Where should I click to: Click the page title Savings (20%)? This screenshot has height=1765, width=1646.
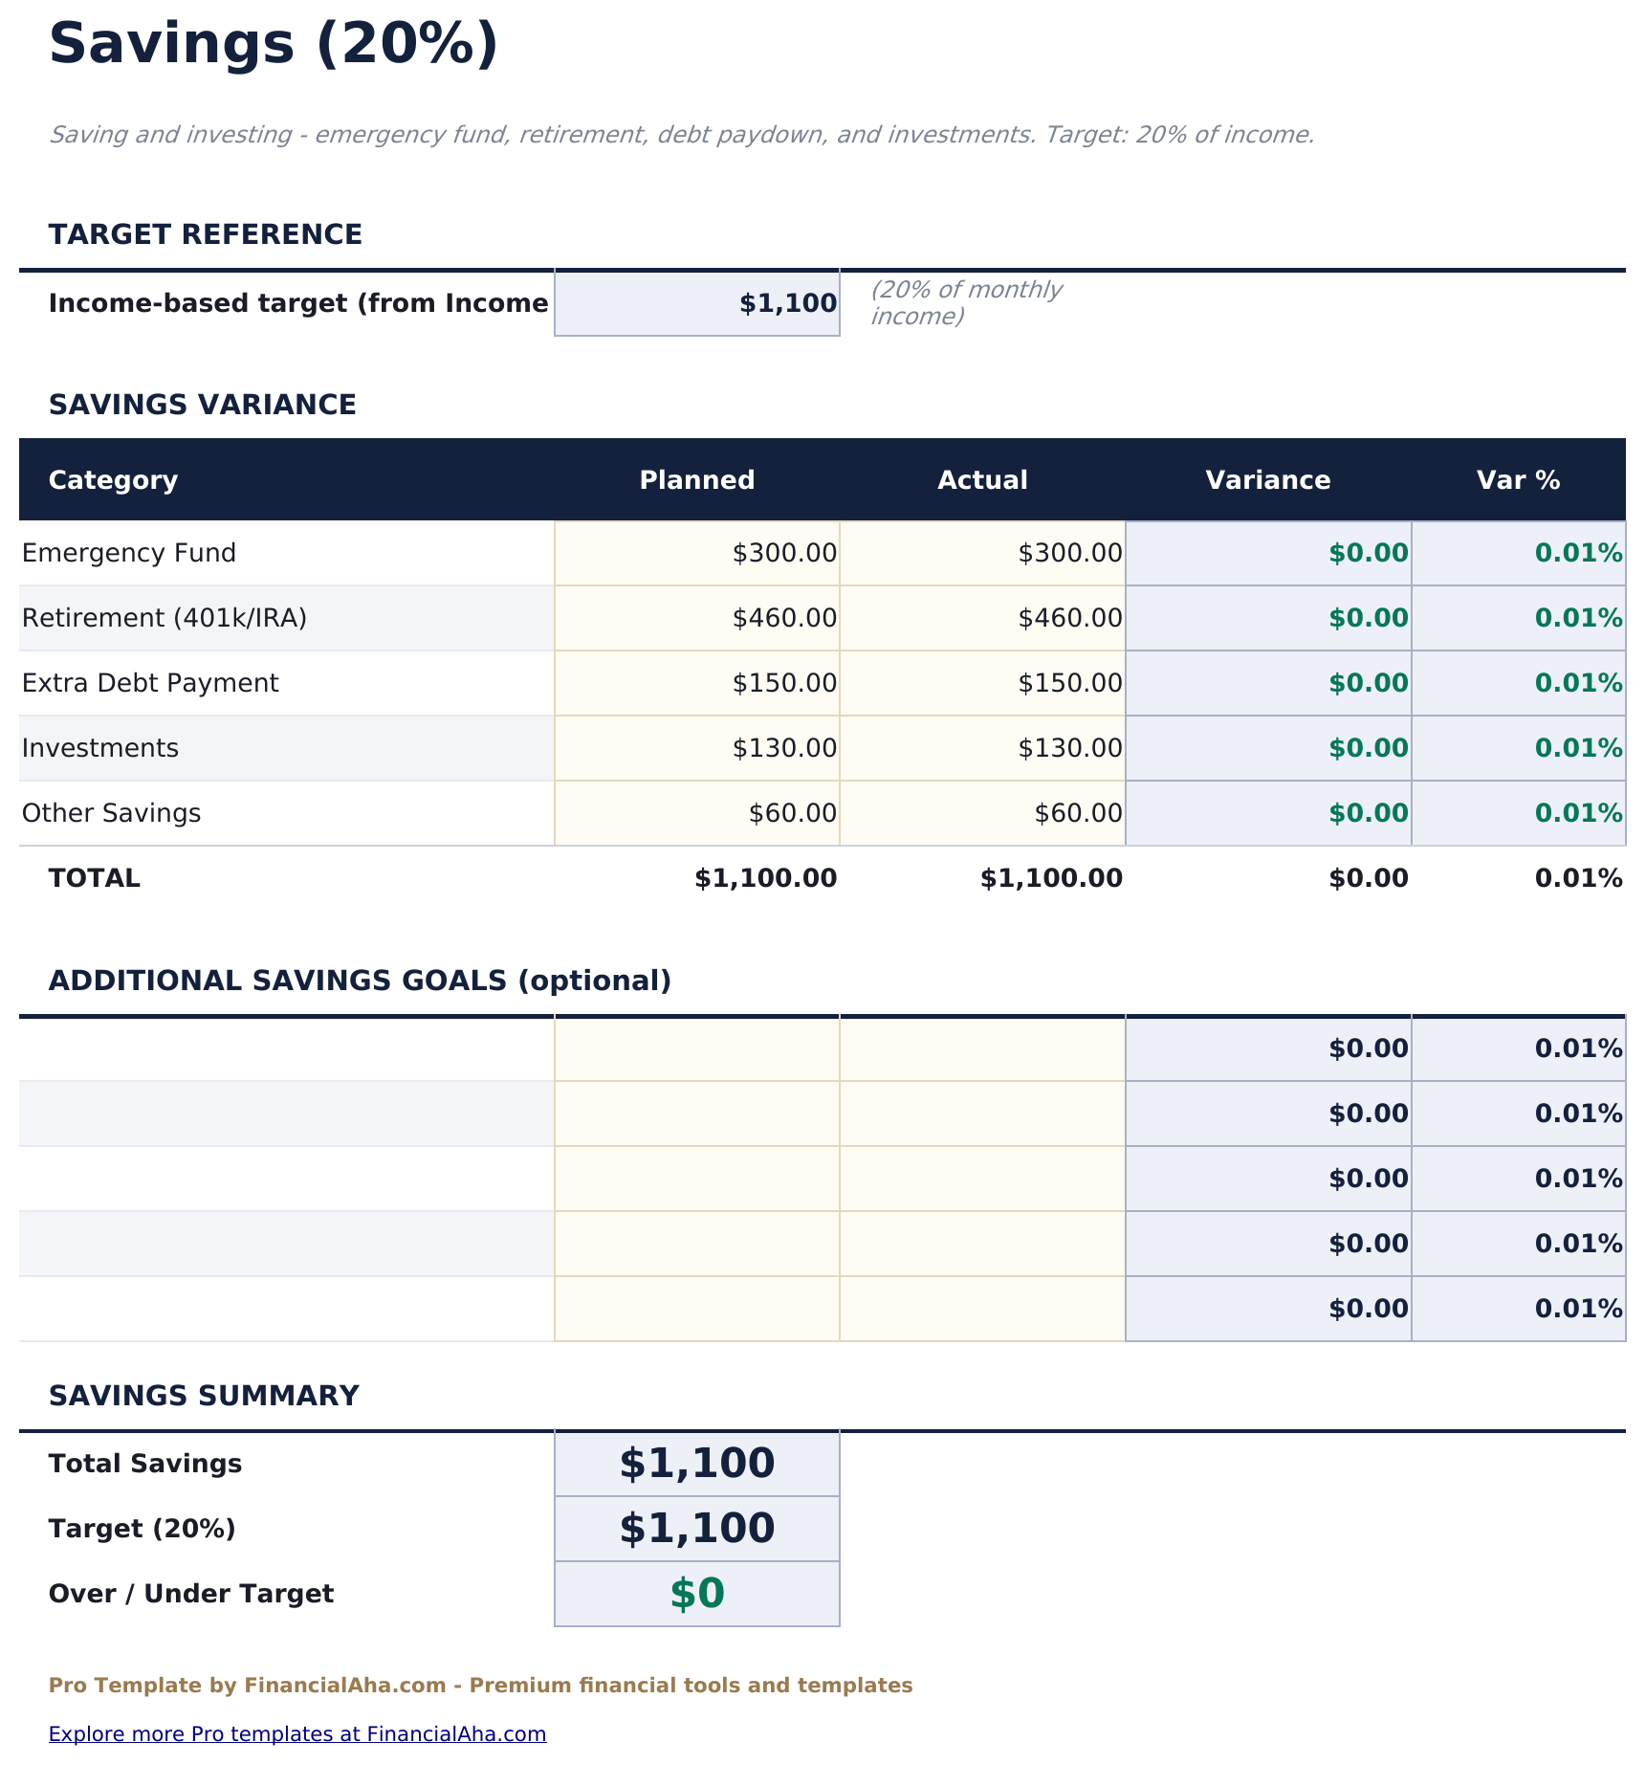(274, 44)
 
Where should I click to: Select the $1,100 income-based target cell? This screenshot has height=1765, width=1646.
(696, 303)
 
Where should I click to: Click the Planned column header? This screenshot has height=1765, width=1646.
(696, 480)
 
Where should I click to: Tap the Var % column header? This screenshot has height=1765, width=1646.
(1518, 480)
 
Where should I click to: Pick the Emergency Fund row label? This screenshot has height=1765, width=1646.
(129, 553)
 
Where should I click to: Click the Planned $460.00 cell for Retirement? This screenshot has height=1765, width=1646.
(696, 618)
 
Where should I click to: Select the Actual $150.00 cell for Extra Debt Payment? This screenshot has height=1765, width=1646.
(982, 683)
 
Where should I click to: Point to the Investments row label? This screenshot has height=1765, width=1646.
(100, 748)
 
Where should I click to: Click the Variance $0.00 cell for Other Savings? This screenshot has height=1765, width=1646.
(1268, 813)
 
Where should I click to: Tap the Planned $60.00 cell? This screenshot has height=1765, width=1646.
(696, 813)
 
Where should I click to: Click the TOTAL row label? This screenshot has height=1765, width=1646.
(95, 878)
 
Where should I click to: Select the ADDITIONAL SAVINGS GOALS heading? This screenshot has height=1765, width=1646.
(360, 981)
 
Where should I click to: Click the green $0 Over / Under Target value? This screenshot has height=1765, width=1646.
(696, 1594)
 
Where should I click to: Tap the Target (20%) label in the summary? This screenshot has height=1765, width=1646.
(142, 1529)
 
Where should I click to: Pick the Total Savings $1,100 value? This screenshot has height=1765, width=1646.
(696, 1464)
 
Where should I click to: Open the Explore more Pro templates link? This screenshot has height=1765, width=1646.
(297, 1733)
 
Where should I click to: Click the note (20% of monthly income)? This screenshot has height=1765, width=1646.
(966, 302)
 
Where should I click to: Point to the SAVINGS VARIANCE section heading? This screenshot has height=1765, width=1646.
(203, 405)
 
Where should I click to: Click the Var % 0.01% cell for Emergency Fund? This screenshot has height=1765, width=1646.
(1519, 553)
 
